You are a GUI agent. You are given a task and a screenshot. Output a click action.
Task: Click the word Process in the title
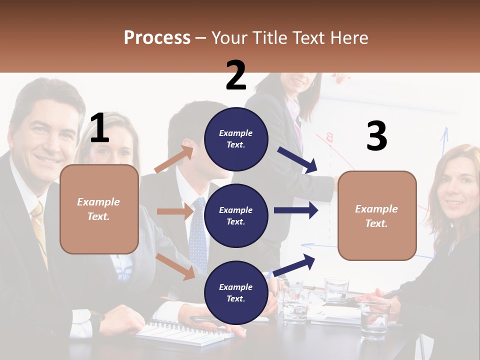tap(157, 38)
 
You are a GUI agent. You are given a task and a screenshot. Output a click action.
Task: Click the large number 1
tap(99, 128)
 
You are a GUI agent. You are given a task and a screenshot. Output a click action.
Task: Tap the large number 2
tap(236, 75)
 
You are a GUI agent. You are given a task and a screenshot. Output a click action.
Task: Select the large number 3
tap(376, 137)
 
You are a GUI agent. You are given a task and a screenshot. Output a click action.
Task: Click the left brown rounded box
tap(99, 209)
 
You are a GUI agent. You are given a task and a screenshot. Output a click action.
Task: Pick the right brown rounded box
tap(377, 216)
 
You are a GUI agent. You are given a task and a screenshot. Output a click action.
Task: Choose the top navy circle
tap(236, 138)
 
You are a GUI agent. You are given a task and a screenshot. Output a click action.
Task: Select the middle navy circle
tap(236, 215)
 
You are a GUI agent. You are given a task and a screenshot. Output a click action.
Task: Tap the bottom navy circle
tap(236, 292)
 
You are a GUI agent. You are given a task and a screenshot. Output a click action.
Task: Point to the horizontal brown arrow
tap(174, 211)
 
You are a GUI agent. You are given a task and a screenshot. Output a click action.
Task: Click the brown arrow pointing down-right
tap(175, 266)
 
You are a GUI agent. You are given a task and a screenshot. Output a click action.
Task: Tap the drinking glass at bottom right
tap(374, 320)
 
